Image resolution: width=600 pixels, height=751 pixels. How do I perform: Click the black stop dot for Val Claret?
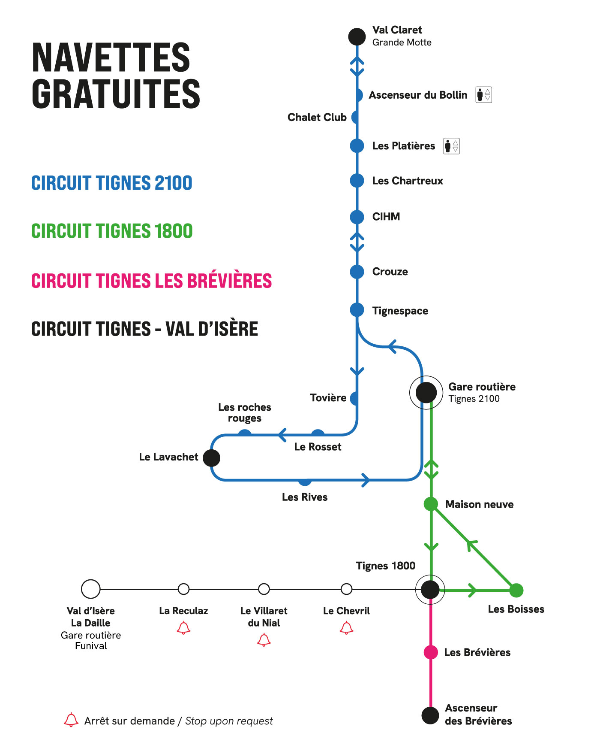pyautogui.click(x=357, y=37)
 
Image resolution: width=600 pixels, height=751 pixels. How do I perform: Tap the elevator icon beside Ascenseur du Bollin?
pyautogui.click(x=484, y=94)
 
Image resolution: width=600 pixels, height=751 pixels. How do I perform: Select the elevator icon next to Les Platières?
pyautogui.click(x=452, y=146)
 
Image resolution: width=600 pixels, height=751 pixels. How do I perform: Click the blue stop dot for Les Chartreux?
pyautogui.click(x=357, y=181)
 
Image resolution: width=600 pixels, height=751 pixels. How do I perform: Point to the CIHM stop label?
pyautogui.click(x=386, y=217)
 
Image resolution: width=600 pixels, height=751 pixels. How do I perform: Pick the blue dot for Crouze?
pyautogui.click(x=357, y=272)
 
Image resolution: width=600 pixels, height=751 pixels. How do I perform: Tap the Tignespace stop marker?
pyautogui.click(x=357, y=310)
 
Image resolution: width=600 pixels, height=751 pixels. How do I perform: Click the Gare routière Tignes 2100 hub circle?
pyautogui.click(x=426, y=392)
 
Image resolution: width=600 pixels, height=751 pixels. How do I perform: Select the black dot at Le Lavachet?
pyautogui.click(x=211, y=458)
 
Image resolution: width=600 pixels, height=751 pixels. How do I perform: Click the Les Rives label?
pyautogui.click(x=305, y=497)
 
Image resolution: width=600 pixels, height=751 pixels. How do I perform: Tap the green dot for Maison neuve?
pyautogui.click(x=431, y=504)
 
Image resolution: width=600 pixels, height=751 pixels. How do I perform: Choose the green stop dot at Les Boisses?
pyautogui.click(x=516, y=591)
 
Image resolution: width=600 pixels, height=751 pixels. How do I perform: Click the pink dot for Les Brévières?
pyautogui.click(x=431, y=652)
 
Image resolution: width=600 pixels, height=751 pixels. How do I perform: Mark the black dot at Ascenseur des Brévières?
pyautogui.click(x=430, y=715)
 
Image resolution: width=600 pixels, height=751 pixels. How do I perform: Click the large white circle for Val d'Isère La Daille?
pyautogui.click(x=91, y=589)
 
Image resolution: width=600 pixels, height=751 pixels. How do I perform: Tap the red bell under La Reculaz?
pyautogui.click(x=183, y=628)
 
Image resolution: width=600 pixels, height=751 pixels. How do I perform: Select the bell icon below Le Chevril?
pyautogui.click(x=346, y=628)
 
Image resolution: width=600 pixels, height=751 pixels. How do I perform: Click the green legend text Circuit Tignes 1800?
pyautogui.click(x=112, y=231)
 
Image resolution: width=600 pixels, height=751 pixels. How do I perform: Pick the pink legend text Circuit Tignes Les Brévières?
pyautogui.click(x=151, y=281)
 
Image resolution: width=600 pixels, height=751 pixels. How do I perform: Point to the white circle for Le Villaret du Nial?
pyautogui.click(x=264, y=589)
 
